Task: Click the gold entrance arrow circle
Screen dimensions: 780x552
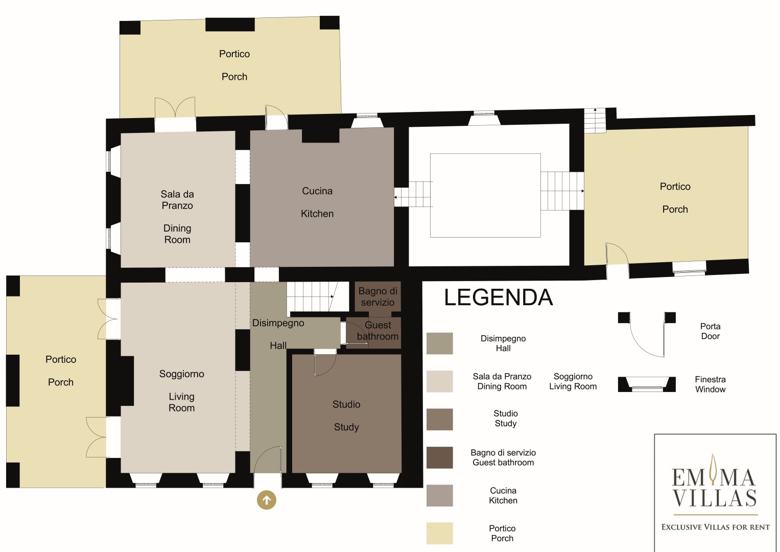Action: (x=266, y=500)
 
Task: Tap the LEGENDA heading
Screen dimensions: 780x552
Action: (x=499, y=297)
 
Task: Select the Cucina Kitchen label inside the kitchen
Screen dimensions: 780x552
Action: (x=317, y=202)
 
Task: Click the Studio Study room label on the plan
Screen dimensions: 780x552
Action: (x=346, y=416)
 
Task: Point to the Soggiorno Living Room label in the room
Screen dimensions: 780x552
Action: (x=181, y=390)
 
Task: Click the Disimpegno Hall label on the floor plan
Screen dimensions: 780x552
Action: (x=278, y=334)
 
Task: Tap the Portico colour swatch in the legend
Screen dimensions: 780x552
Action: (x=439, y=533)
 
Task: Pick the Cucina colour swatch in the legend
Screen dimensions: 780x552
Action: (x=439, y=495)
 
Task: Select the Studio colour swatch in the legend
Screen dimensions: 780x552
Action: (x=439, y=419)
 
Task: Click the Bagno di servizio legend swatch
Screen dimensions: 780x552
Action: (x=439, y=457)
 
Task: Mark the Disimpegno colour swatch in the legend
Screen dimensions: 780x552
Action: (x=439, y=343)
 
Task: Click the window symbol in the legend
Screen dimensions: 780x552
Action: (x=647, y=384)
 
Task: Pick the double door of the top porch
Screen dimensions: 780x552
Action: (x=175, y=107)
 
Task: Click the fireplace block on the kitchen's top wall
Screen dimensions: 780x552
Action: (x=320, y=135)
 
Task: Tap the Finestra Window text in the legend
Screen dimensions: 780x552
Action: (x=711, y=384)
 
